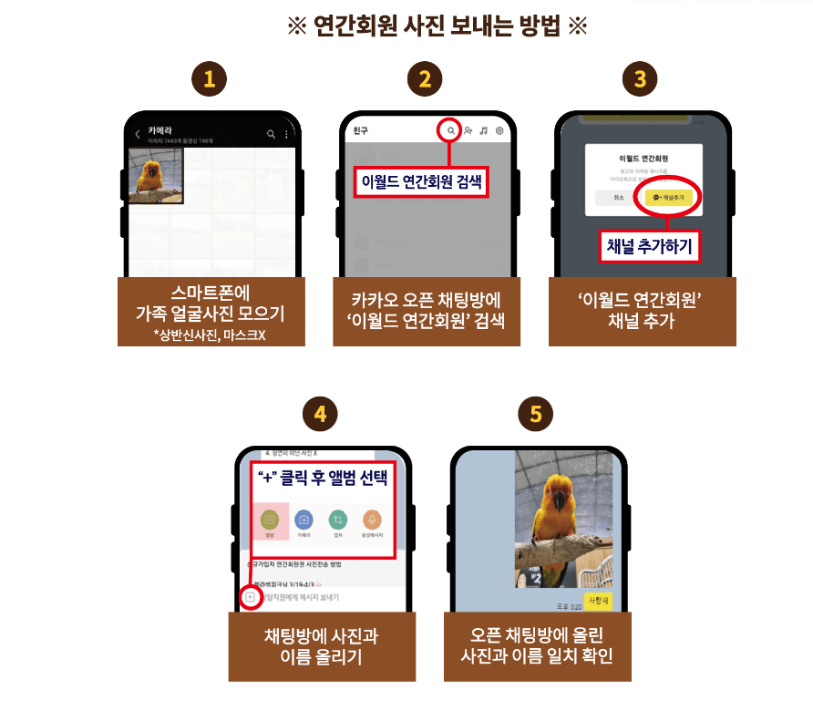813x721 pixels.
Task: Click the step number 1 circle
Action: coord(211,79)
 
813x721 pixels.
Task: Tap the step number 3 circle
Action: coord(641,79)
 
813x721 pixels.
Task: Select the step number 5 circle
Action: coord(535,415)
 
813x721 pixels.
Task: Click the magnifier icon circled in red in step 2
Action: coord(450,131)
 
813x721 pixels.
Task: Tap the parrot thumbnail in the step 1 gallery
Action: coord(155,176)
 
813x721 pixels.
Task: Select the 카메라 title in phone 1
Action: coord(161,130)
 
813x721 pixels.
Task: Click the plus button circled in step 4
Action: coord(250,596)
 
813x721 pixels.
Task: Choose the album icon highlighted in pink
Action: coord(269,520)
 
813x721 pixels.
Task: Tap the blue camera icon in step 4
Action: coord(304,520)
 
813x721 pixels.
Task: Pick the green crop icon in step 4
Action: coord(338,520)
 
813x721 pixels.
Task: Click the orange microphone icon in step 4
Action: coord(372,520)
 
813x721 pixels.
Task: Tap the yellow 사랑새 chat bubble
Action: coord(597,601)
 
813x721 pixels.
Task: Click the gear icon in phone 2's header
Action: coord(499,131)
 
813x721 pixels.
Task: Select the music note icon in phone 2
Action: coord(484,131)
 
